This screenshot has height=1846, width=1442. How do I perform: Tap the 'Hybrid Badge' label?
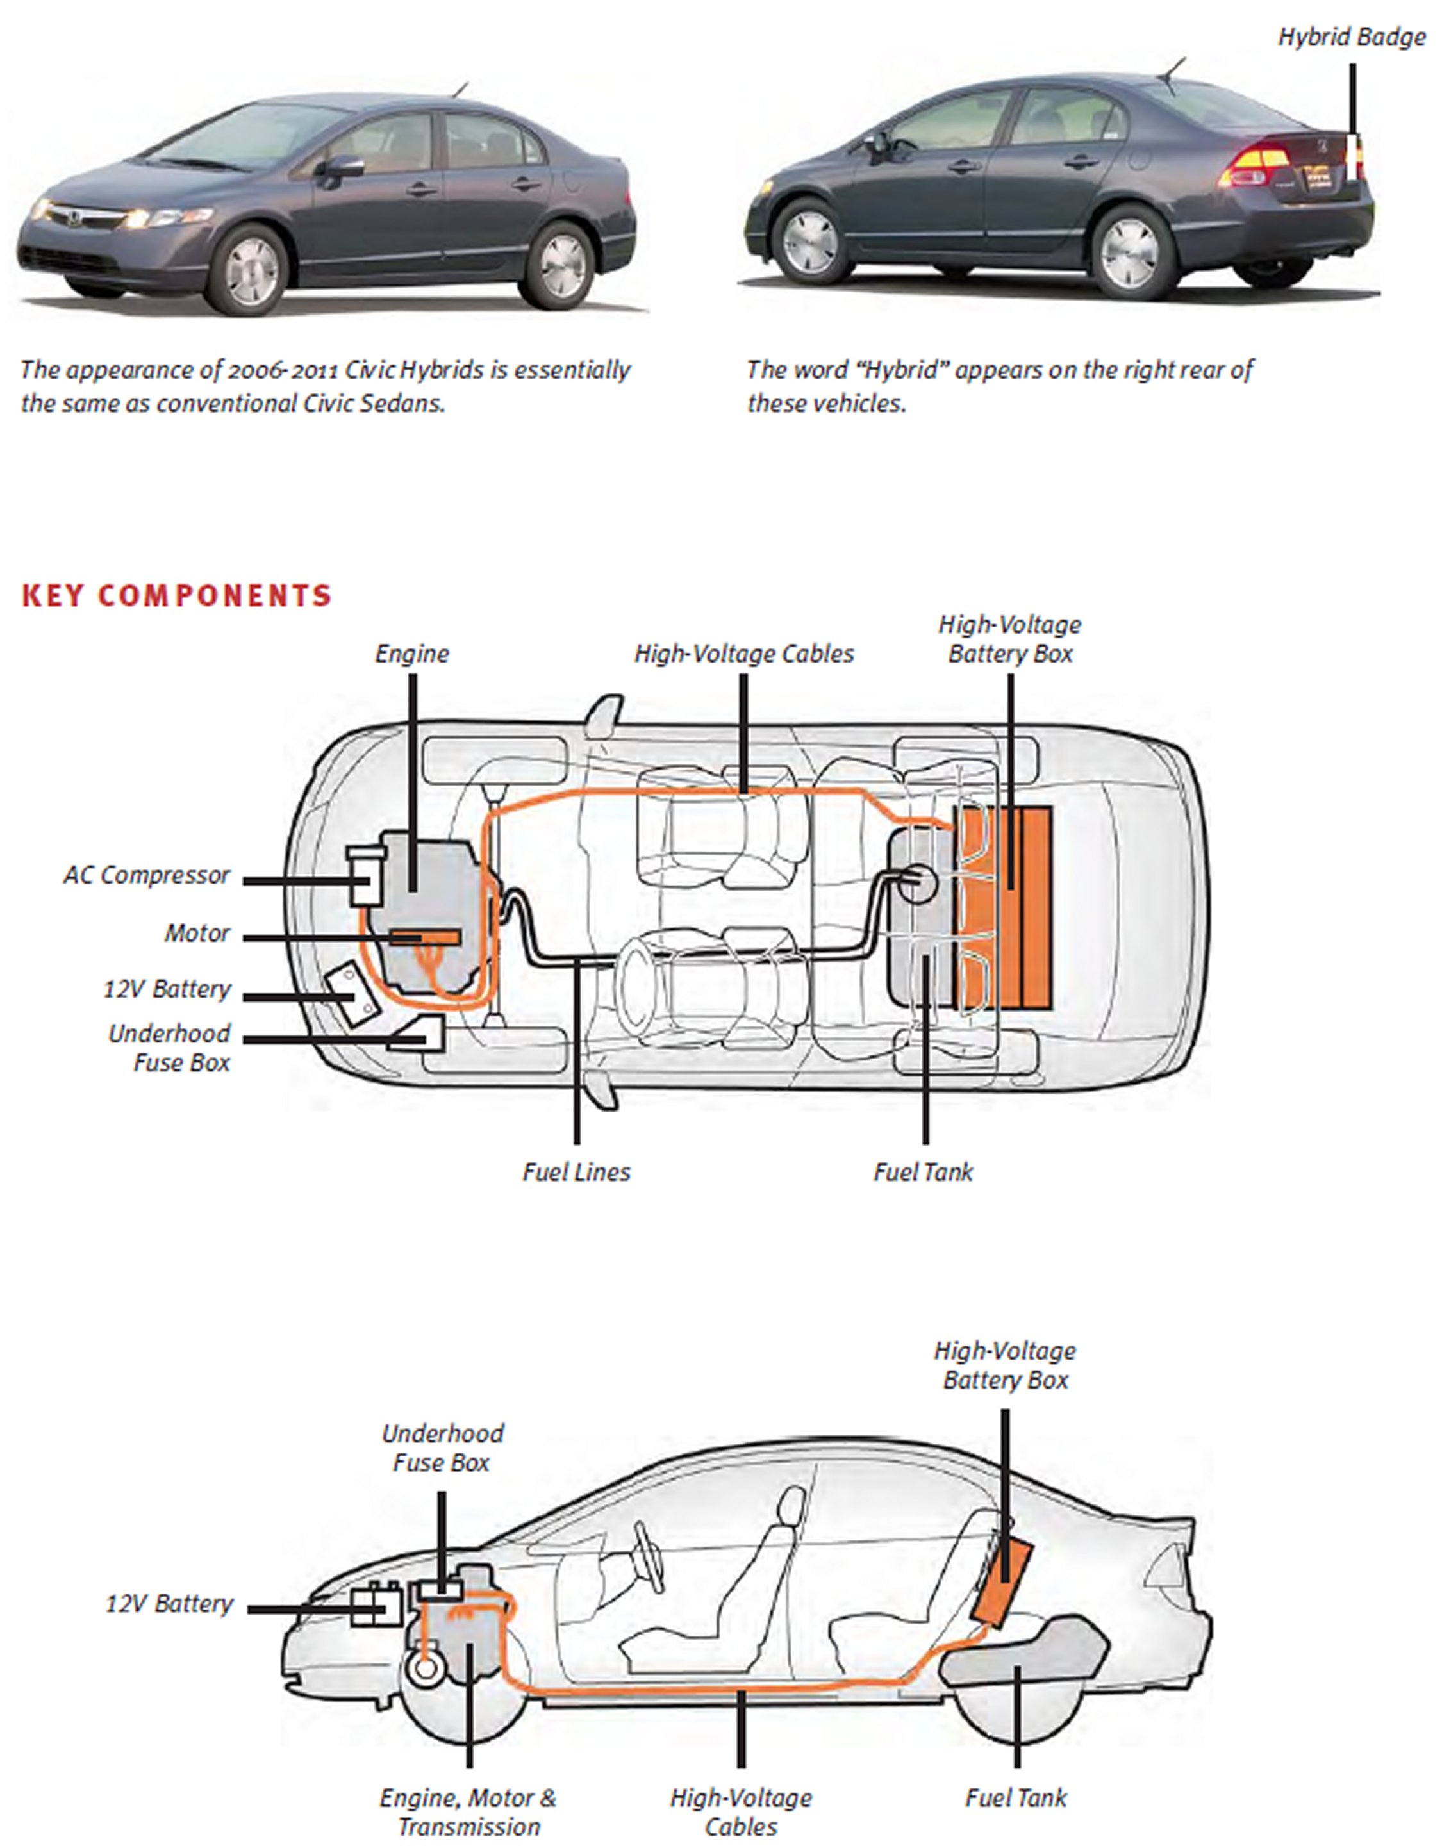pyautogui.click(x=1351, y=38)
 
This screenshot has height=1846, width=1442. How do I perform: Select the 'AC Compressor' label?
pyautogui.click(x=146, y=876)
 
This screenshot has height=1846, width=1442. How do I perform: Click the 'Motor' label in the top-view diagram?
pyautogui.click(x=196, y=934)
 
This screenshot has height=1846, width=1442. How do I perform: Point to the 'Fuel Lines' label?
pyautogui.click(x=576, y=1173)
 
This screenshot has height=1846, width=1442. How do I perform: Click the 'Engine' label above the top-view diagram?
pyautogui.click(x=411, y=654)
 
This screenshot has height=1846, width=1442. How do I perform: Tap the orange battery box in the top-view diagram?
pyautogui.click(x=1005, y=908)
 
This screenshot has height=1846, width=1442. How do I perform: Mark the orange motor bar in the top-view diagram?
pyautogui.click(x=425, y=937)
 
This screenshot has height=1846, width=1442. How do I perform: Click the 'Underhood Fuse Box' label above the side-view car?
pyautogui.click(x=442, y=1448)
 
